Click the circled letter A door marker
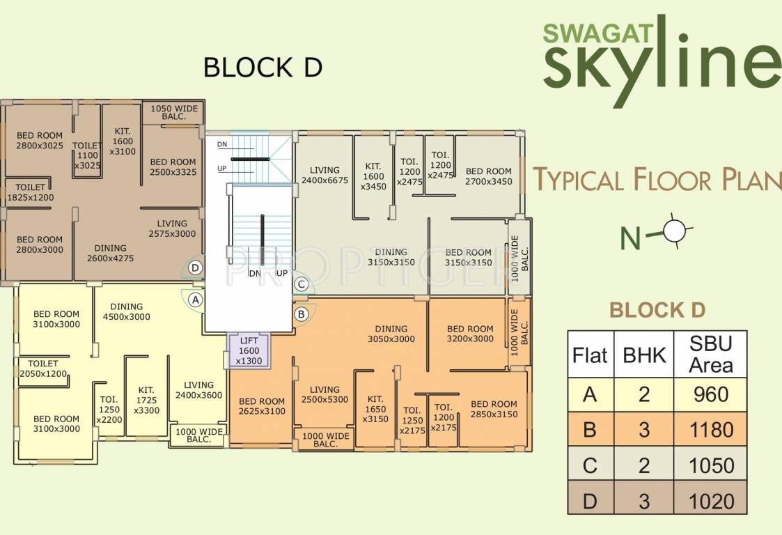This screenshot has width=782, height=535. [x=196, y=300]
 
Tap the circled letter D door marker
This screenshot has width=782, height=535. [x=196, y=267]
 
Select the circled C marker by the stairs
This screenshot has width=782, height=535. [x=301, y=284]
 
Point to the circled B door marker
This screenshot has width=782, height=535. [x=301, y=314]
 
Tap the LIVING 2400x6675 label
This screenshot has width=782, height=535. [x=324, y=176]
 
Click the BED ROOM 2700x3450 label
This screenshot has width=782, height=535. [x=488, y=176]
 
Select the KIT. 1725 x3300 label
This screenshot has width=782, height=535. [x=146, y=401]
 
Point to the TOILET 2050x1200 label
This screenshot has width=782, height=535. [x=47, y=369]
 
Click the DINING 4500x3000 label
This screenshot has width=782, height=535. [x=126, y=311]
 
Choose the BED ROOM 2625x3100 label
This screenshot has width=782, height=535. [x=262, y=406]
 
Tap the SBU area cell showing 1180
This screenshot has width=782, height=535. [x=710, y=430]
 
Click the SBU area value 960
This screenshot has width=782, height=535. [x=710, y=395]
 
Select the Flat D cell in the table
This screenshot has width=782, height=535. [x=590, y=501]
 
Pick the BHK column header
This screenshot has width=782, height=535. [x=644, y=355]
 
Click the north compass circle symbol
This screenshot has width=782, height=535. [x=675, y=231]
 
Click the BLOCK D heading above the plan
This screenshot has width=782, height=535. [x=262, y=68]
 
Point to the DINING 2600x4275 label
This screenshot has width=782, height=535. [x=110, y=253]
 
